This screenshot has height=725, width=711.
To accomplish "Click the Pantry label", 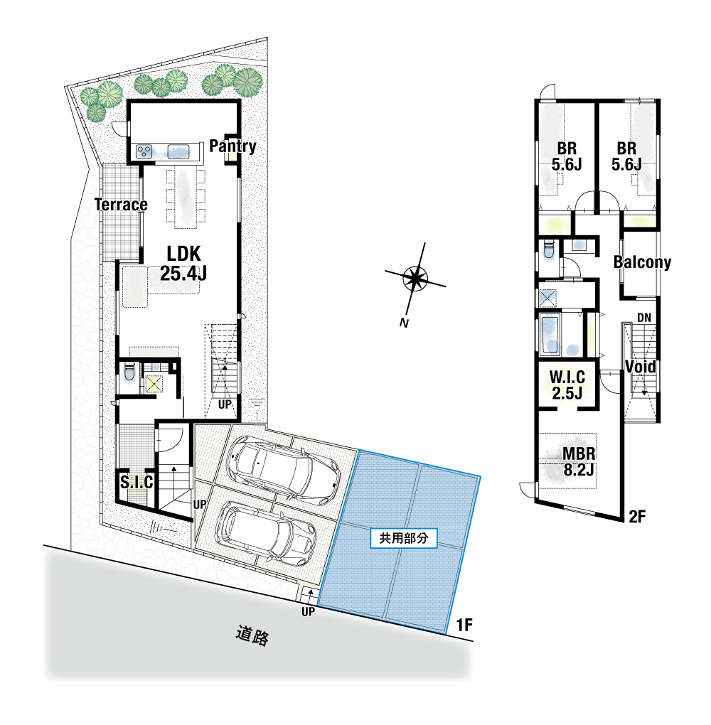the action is pos(232,146).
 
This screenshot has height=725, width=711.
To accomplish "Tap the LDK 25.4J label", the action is pos(183,264).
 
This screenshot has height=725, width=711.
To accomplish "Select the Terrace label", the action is pos(121,205).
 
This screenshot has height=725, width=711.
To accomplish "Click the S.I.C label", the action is pos(137,482).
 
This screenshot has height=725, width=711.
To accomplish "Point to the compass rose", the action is pos(415,279).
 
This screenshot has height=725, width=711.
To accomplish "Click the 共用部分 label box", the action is pos(404,538).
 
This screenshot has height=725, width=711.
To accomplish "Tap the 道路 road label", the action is pos(252,635).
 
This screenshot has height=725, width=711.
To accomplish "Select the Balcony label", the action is pos(642,262).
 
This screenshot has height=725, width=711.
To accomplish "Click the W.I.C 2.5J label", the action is pos(567,385).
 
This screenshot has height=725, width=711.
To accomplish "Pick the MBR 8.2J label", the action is pos(579,461).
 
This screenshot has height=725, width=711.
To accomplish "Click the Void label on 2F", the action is pos(641,367).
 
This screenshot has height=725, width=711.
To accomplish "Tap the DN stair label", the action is pos(644,318).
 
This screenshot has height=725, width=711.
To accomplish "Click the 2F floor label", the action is pos(637,517).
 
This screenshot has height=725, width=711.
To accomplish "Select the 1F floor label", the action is pos(464,625).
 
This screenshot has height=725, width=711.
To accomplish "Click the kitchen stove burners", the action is pos(145,151).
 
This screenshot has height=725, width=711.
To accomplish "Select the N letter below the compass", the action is pos(404,323).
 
